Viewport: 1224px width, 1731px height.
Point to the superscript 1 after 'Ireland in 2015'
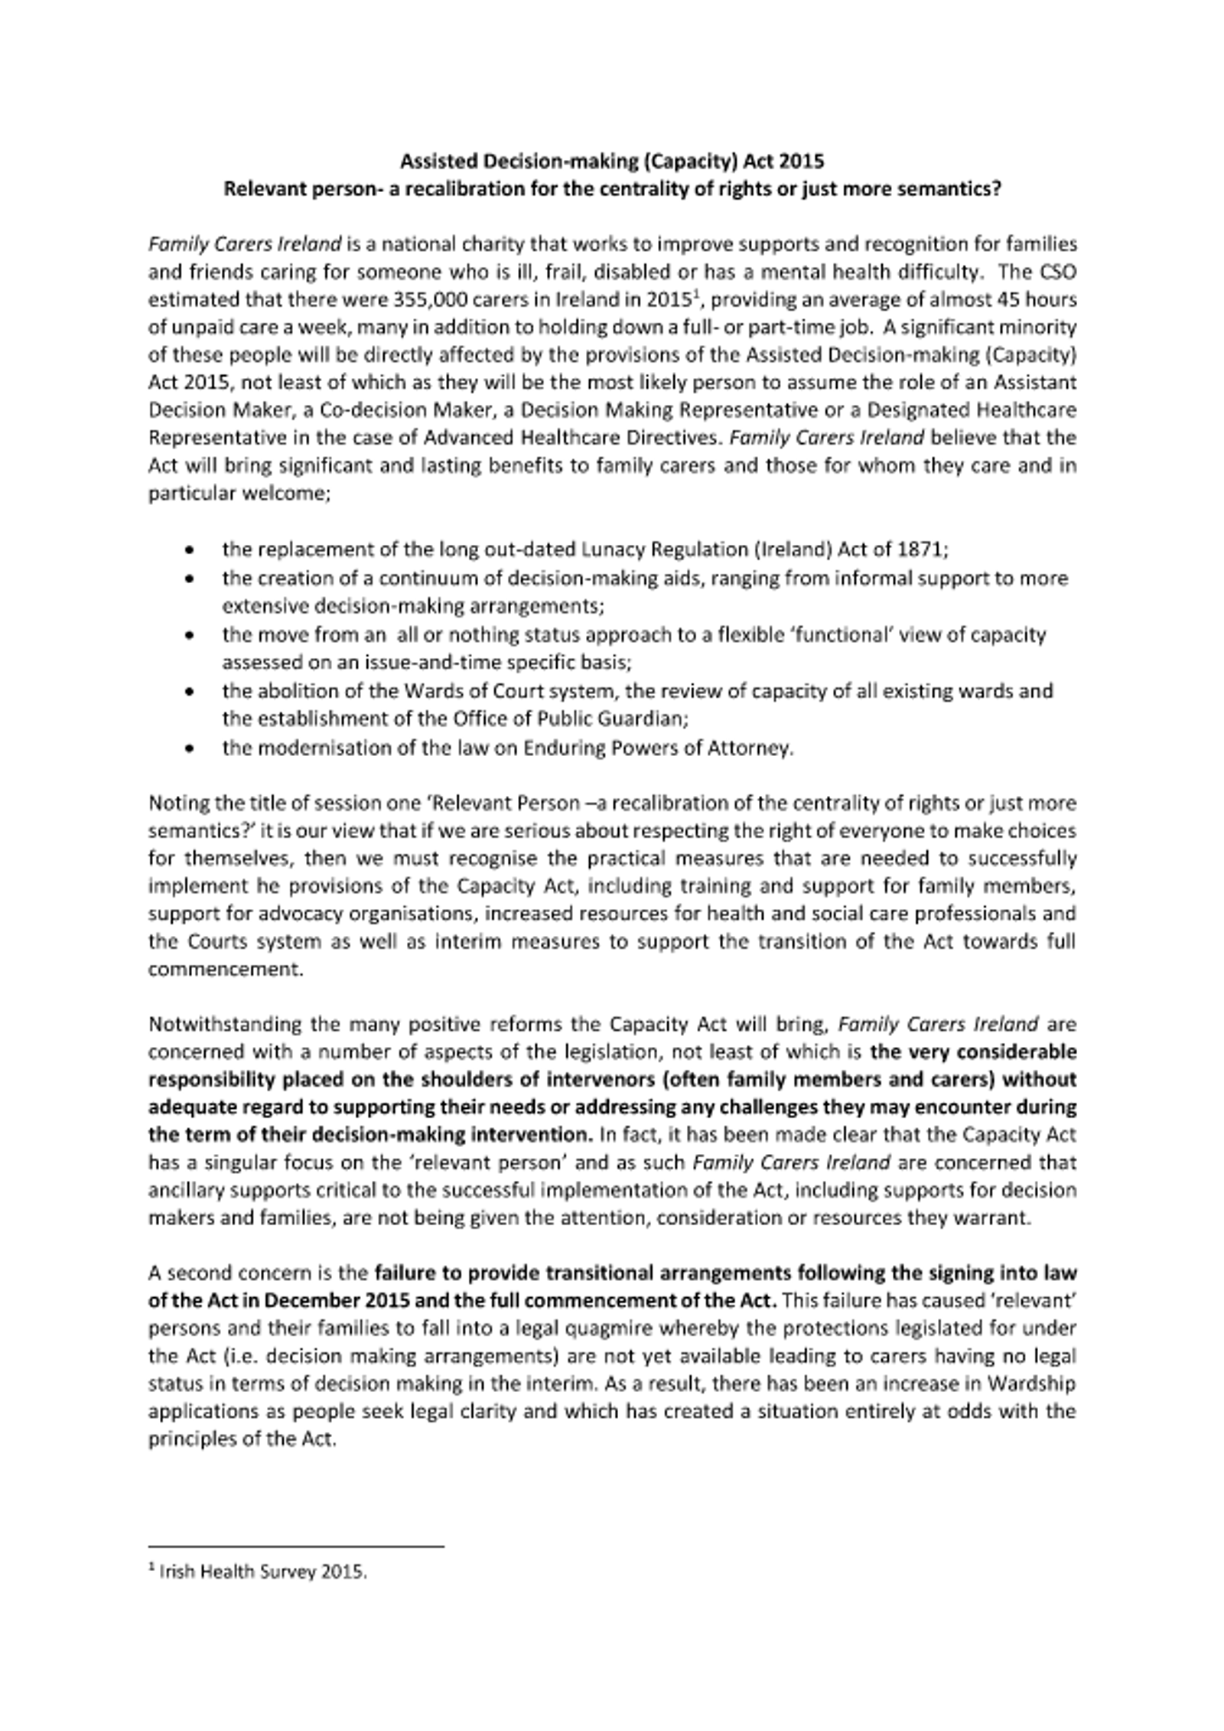695,295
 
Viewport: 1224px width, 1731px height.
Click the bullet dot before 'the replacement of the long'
189,550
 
